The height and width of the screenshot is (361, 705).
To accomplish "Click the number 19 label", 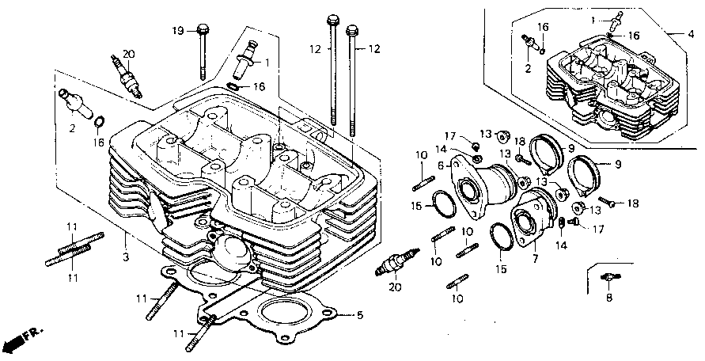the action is coord(178,31).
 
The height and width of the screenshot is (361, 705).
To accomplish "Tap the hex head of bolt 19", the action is coord(203,28).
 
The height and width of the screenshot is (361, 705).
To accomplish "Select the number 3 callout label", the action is coord(126,257).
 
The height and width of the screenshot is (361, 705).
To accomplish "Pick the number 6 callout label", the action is coord(442,165).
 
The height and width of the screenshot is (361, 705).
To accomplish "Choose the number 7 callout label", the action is coord(535,260).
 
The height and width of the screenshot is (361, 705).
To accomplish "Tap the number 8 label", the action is coord(609,298).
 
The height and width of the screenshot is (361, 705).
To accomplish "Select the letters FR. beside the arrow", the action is coord(32,333).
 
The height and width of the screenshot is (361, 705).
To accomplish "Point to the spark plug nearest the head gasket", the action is coord(396,261).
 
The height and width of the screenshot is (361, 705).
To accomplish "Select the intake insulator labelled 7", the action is coord(534,217).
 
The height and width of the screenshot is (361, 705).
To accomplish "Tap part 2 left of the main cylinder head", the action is coord(74,103).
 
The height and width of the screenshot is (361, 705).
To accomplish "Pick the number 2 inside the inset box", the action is coord(528,69).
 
